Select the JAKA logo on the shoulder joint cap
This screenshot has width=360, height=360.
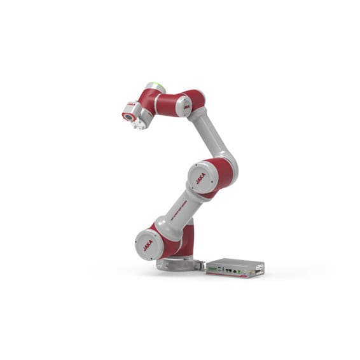point(148,244)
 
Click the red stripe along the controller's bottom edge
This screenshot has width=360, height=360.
point(229,276)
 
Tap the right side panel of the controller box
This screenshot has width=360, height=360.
point(259,270)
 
